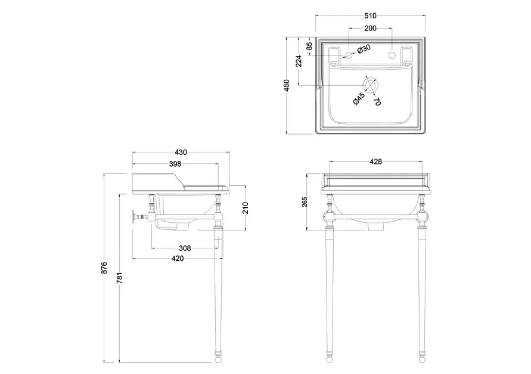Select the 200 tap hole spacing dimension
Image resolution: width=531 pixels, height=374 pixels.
(370, 28)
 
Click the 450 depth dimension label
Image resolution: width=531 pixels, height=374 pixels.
(287, 85)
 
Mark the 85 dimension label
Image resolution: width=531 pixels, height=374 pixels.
(309, 46)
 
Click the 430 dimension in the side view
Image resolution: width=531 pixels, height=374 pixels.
(181, 152)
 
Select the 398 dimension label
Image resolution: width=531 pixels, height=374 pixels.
(175, 163)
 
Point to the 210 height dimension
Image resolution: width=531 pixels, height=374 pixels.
(245, 208)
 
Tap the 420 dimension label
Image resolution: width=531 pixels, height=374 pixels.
(177, 258)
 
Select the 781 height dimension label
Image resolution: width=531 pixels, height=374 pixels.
(119, 277)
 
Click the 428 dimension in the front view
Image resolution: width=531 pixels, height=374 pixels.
(375, 161)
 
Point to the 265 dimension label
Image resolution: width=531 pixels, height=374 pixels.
(305, 202)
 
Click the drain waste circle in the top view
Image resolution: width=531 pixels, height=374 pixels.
(370, 85)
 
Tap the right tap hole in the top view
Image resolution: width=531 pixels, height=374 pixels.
(392, 56)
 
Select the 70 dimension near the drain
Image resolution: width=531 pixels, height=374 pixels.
(377, 101)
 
